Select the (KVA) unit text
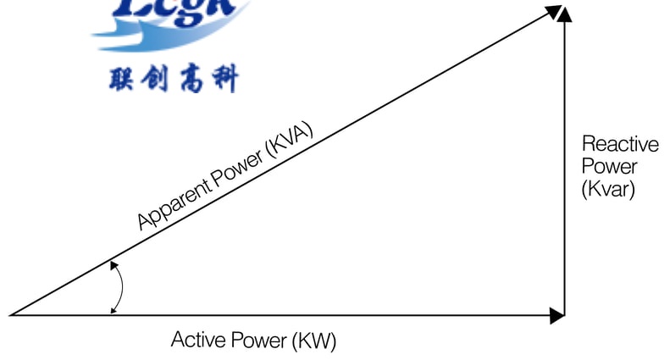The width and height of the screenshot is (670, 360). [x=290, y=138]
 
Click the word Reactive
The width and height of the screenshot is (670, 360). [x=619, y=144]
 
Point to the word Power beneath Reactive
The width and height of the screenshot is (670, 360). [x=609, y=166]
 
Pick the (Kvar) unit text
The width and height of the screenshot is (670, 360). [x=607, y=188]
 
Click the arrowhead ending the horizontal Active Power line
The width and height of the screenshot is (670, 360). [x=556, y=315]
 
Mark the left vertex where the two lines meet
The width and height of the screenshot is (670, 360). [x=11, y=315]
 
